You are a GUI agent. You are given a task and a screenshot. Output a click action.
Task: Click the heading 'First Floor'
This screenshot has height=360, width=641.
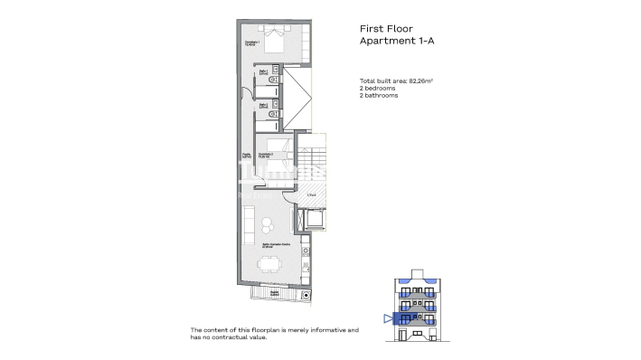[387, 27]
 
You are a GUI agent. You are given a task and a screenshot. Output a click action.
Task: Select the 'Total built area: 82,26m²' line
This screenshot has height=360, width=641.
[396, 81]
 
